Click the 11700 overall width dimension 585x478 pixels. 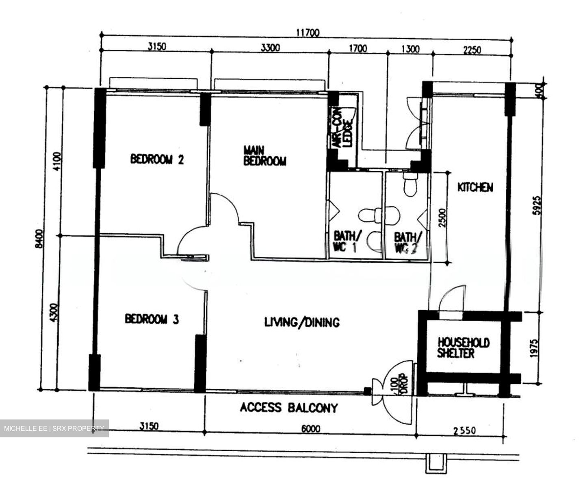click(x=308, y=33)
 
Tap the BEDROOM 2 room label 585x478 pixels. click(x=157, y=159)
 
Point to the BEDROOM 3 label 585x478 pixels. click(x=152, y=319)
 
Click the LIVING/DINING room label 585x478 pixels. click(x=302, y=322)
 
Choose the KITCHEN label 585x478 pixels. click(x=475, y=187)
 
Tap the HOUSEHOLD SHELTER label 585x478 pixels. click(x=463, y=348)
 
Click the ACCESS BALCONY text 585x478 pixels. click(x=288, y=408)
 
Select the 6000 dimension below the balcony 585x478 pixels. click(x=311, y=429)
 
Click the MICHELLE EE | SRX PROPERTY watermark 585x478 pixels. click(x=54, y=428)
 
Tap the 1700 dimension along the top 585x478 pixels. click(x=357, y=49)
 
